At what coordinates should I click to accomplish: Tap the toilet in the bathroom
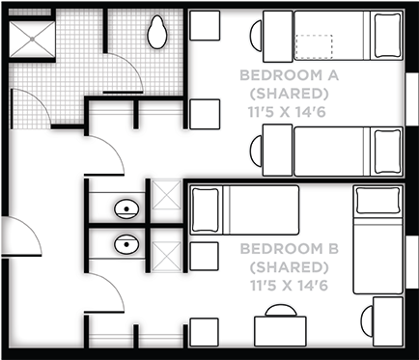[158, 35]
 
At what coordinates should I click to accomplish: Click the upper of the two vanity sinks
[126, 207]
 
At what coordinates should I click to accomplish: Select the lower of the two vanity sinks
[126, 244]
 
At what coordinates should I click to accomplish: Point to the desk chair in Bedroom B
[278, 311]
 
